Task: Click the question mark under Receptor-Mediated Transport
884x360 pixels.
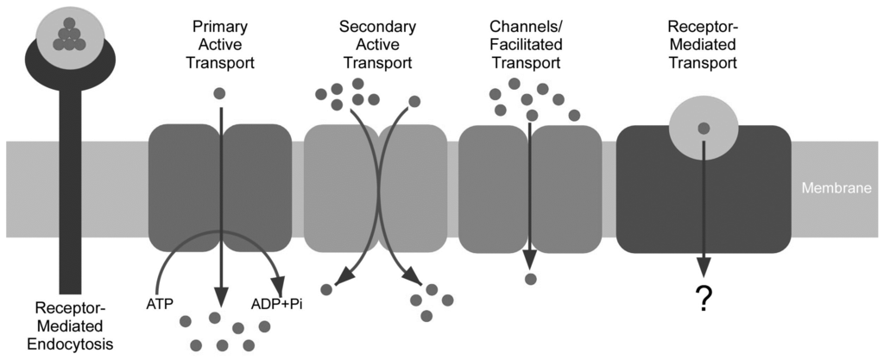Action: coord(704,299)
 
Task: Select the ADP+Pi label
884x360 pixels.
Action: coord(276,303)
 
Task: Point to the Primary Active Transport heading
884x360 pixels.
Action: coord(220,44)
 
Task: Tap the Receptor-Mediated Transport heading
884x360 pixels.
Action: coord(703,44)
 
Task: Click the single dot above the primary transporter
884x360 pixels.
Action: coord(220,93)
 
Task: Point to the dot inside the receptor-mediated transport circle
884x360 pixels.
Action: coord(704,128)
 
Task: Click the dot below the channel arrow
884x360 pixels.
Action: coord(530,279)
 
